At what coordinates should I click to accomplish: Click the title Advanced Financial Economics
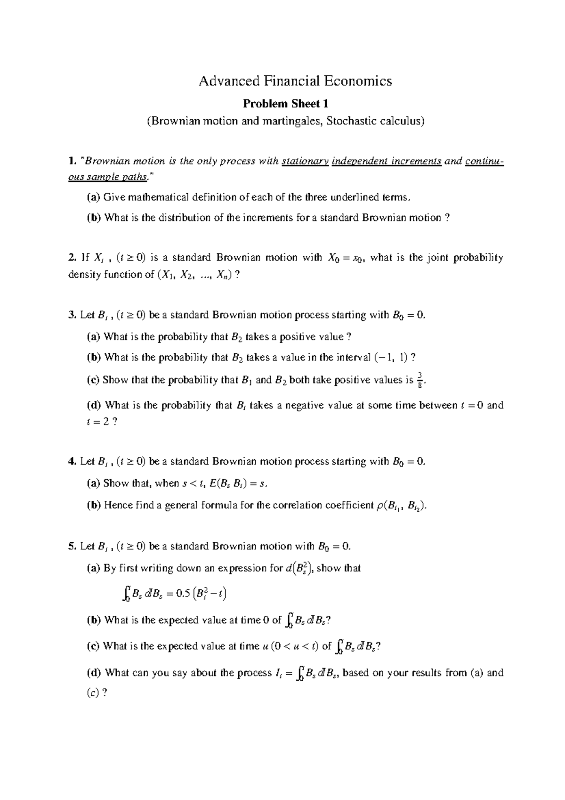pyautogui.click(x=295, y=81)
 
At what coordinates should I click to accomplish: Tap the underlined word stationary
pyautogui.click(x=305, y=162)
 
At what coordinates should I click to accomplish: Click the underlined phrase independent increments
pyautogui.click(x=387, y=162)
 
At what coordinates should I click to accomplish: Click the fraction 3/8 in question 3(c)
pyautogui.click(x=420, y=379)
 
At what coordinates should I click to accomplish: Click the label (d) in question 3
pyautogui.click(x=94, y=405)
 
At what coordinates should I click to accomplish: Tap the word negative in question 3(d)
pyautogui.click(x=304, y=405)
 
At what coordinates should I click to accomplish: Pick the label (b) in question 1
pyautogui.click(x=94, y=218)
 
